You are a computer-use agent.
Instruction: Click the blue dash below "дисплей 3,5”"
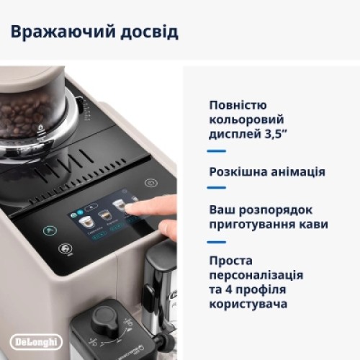tap(217, 152)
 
